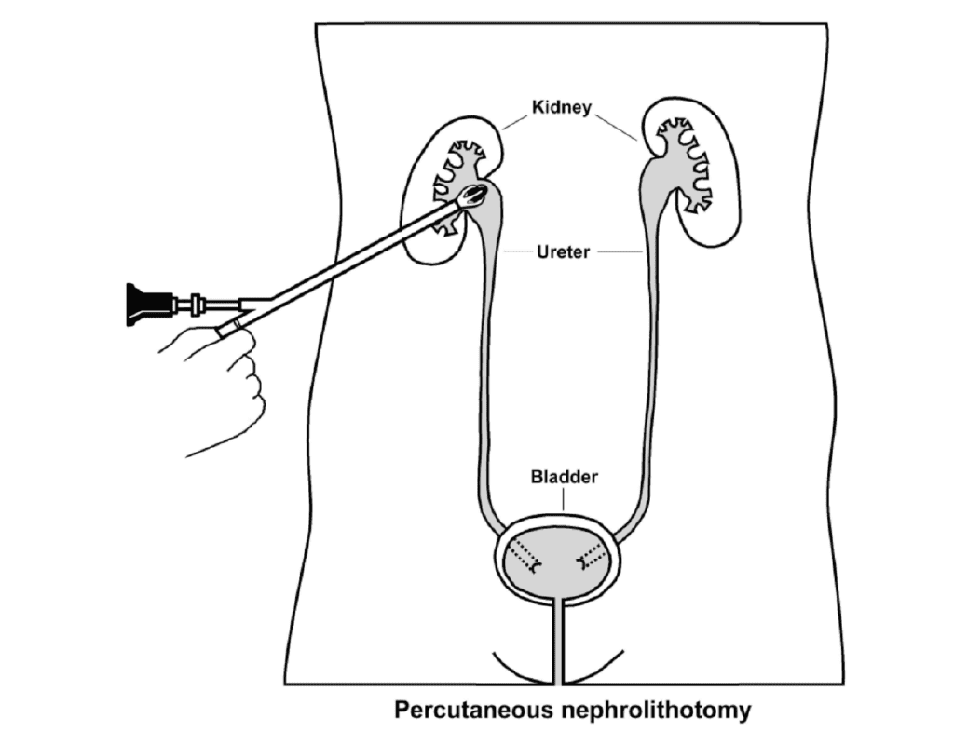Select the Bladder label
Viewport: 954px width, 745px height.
(x=564, y=477)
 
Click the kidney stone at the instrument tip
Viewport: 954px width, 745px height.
(x=475, y=195)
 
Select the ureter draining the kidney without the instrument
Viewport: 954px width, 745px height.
(x=642, y=372)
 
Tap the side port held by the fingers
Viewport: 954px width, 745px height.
(x=229, y=325)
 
